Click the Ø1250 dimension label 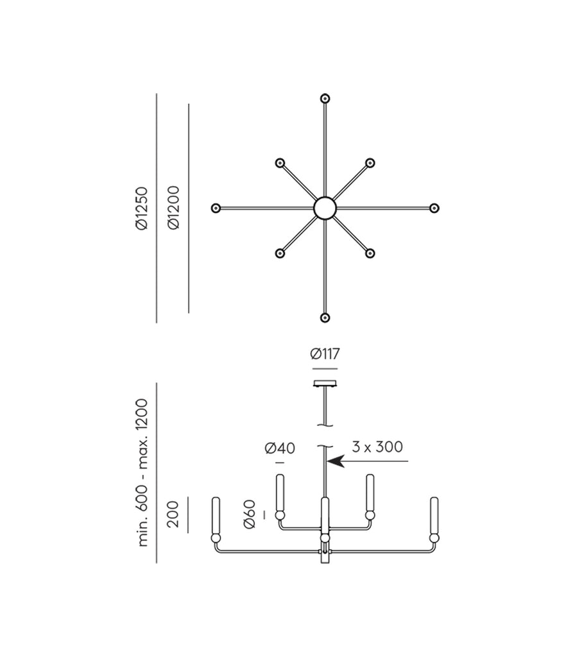point(142,209)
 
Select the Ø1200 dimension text point(173,207)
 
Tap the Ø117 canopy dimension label point(325,354)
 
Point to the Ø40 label point(280,448)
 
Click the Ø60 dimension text point(250,514)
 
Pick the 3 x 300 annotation point(377,447)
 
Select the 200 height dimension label point(173,514)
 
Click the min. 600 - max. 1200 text point(142,473)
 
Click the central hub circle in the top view point(325,208)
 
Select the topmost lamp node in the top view point(325,99)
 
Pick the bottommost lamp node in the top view point(325,318)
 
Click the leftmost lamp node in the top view point(216,208)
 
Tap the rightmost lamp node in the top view point(434,208)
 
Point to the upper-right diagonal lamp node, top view point(370,162)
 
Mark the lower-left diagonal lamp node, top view point(280,253)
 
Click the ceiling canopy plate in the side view point(325,384)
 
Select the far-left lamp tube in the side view point(216,515)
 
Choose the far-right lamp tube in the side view point(434,515)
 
